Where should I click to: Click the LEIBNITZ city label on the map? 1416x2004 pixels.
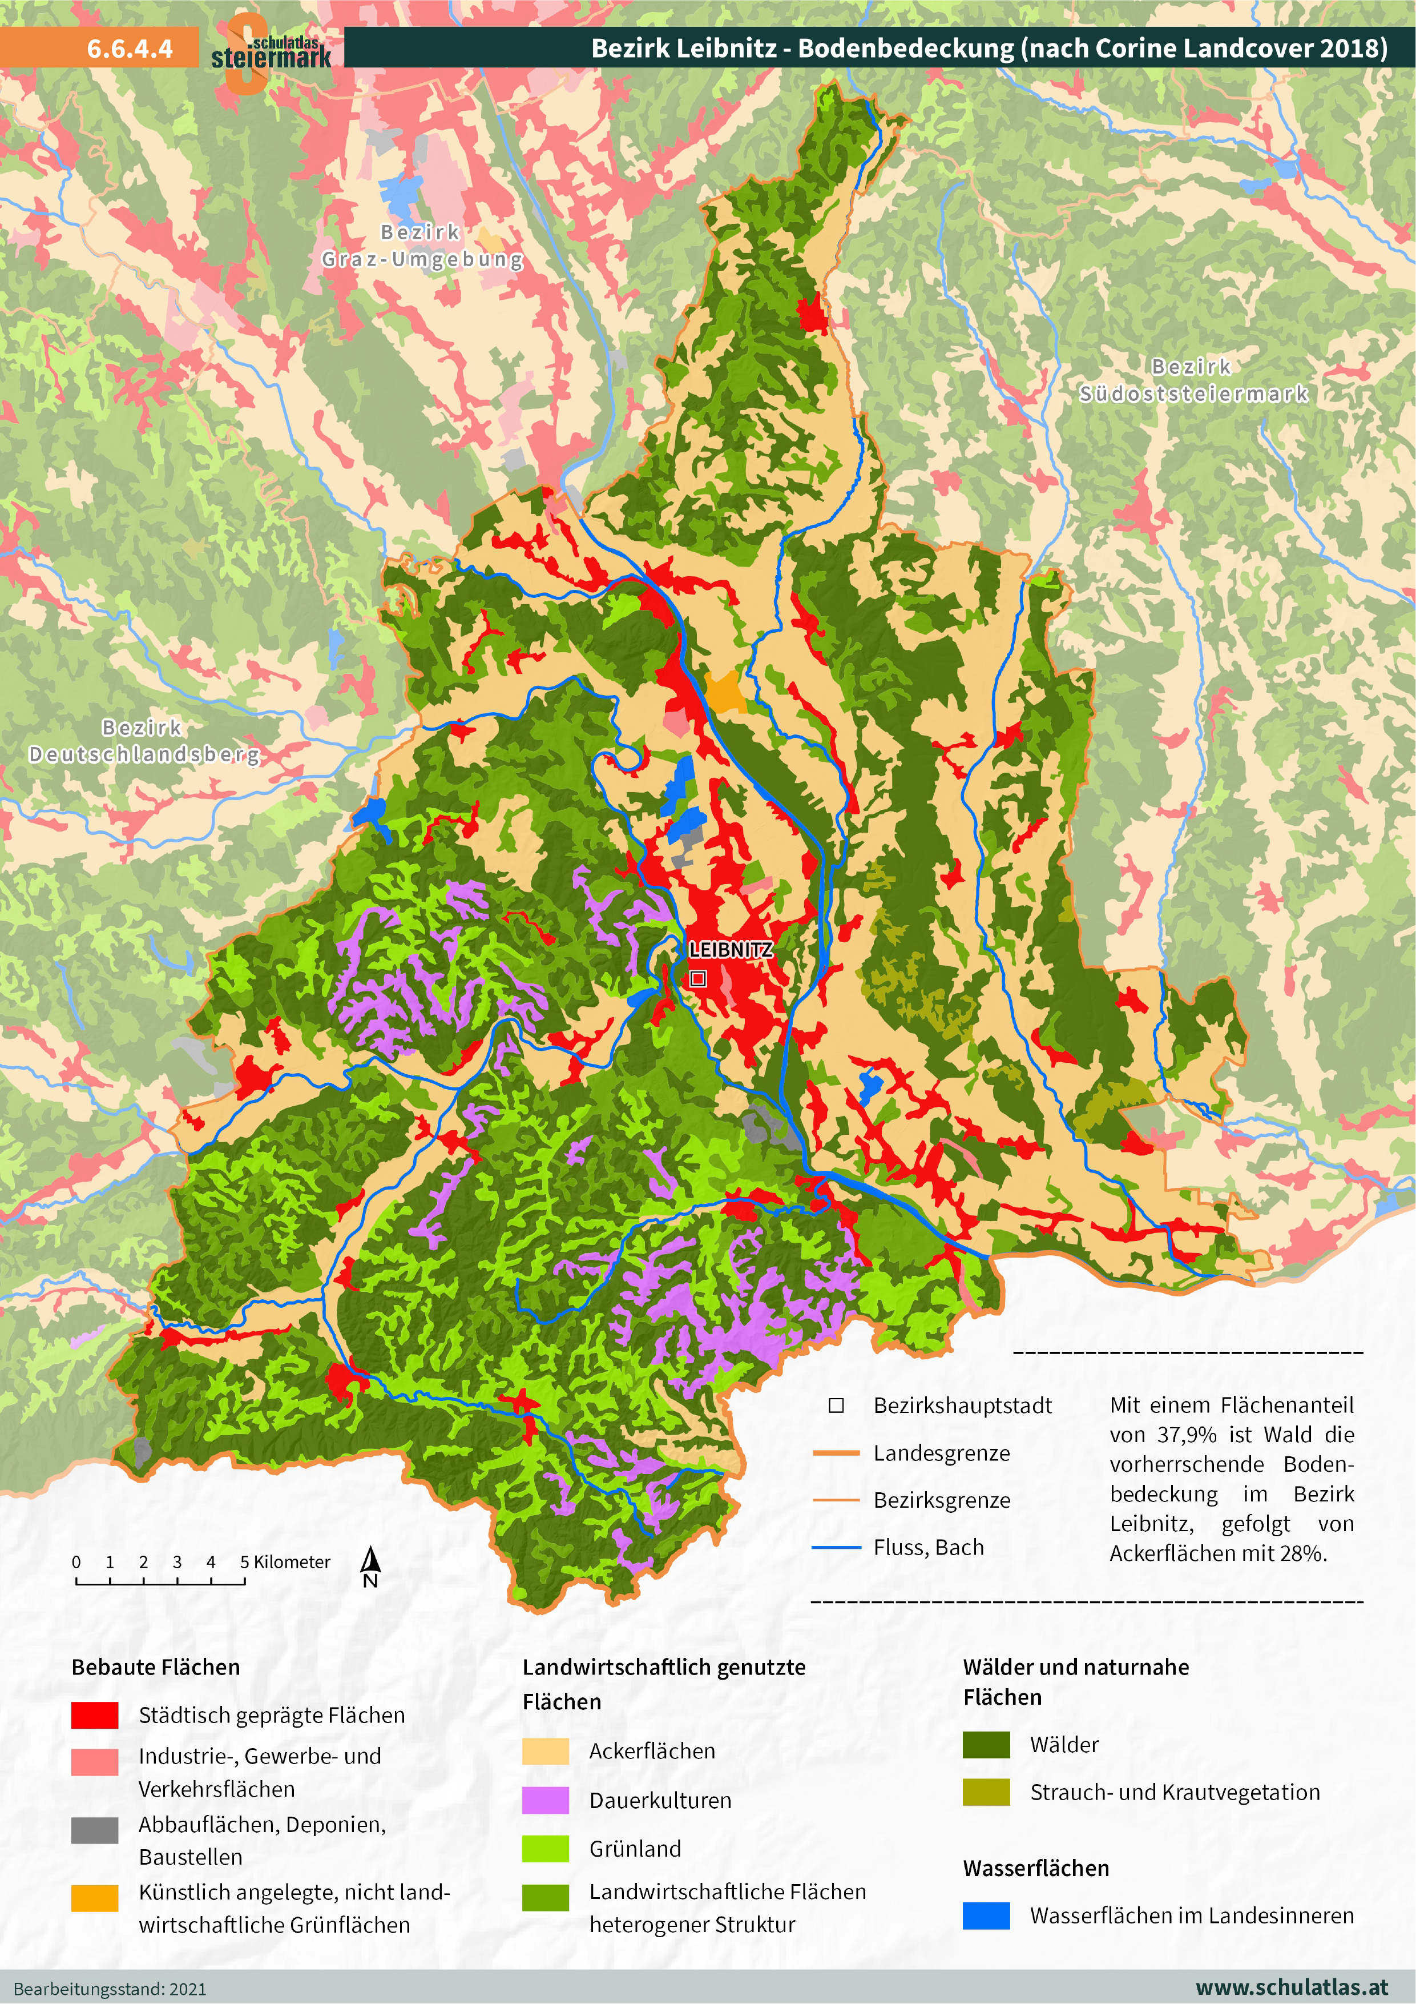pyautogui.click(x=729, y=950)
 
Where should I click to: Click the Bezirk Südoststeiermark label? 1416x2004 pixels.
pyautogui.click(x=1193, y=380)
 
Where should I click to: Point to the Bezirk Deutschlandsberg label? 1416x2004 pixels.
pyautogui.click(x=144, y=741)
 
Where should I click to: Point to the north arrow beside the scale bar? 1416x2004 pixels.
pyautogui.click(x=370, y=1568)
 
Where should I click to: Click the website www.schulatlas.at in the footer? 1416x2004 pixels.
pyautogui.click(x=1290, y=1987)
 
